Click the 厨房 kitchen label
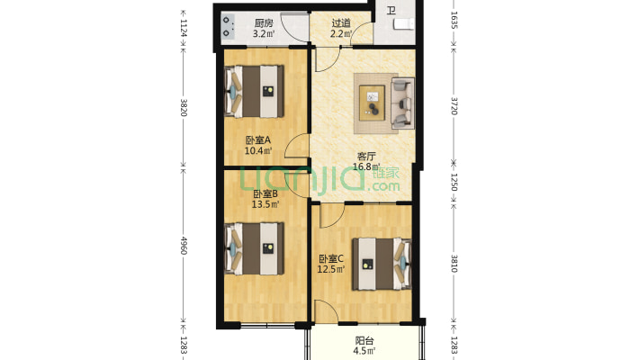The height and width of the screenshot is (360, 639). [264, 23]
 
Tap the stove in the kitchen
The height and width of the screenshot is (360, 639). [228, 26]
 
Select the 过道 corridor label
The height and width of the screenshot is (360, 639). [341, 23]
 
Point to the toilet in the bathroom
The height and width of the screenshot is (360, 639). [404, 24]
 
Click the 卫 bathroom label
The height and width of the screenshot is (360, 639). [391, 10]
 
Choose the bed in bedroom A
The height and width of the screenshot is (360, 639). [255, 92]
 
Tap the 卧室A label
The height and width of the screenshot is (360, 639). [258, 140]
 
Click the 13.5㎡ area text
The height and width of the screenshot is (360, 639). [265, 204]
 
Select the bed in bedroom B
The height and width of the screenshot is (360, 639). [255, 248]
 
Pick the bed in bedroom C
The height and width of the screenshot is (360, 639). [382, 264]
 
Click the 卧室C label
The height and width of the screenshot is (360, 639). [331, 258]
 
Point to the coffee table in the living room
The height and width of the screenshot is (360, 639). [372, 103]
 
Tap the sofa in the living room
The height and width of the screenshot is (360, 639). [402, 103]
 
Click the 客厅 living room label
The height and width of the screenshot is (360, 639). [366, 156]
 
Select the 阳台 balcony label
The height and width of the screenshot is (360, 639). [364, 341]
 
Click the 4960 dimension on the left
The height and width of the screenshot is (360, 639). [184, 246]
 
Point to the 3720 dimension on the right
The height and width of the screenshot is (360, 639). [454, 106]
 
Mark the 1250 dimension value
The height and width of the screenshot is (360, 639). [454, 182]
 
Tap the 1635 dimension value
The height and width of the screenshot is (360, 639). [454, 20]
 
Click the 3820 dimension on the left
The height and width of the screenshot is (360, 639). [184, 107]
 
